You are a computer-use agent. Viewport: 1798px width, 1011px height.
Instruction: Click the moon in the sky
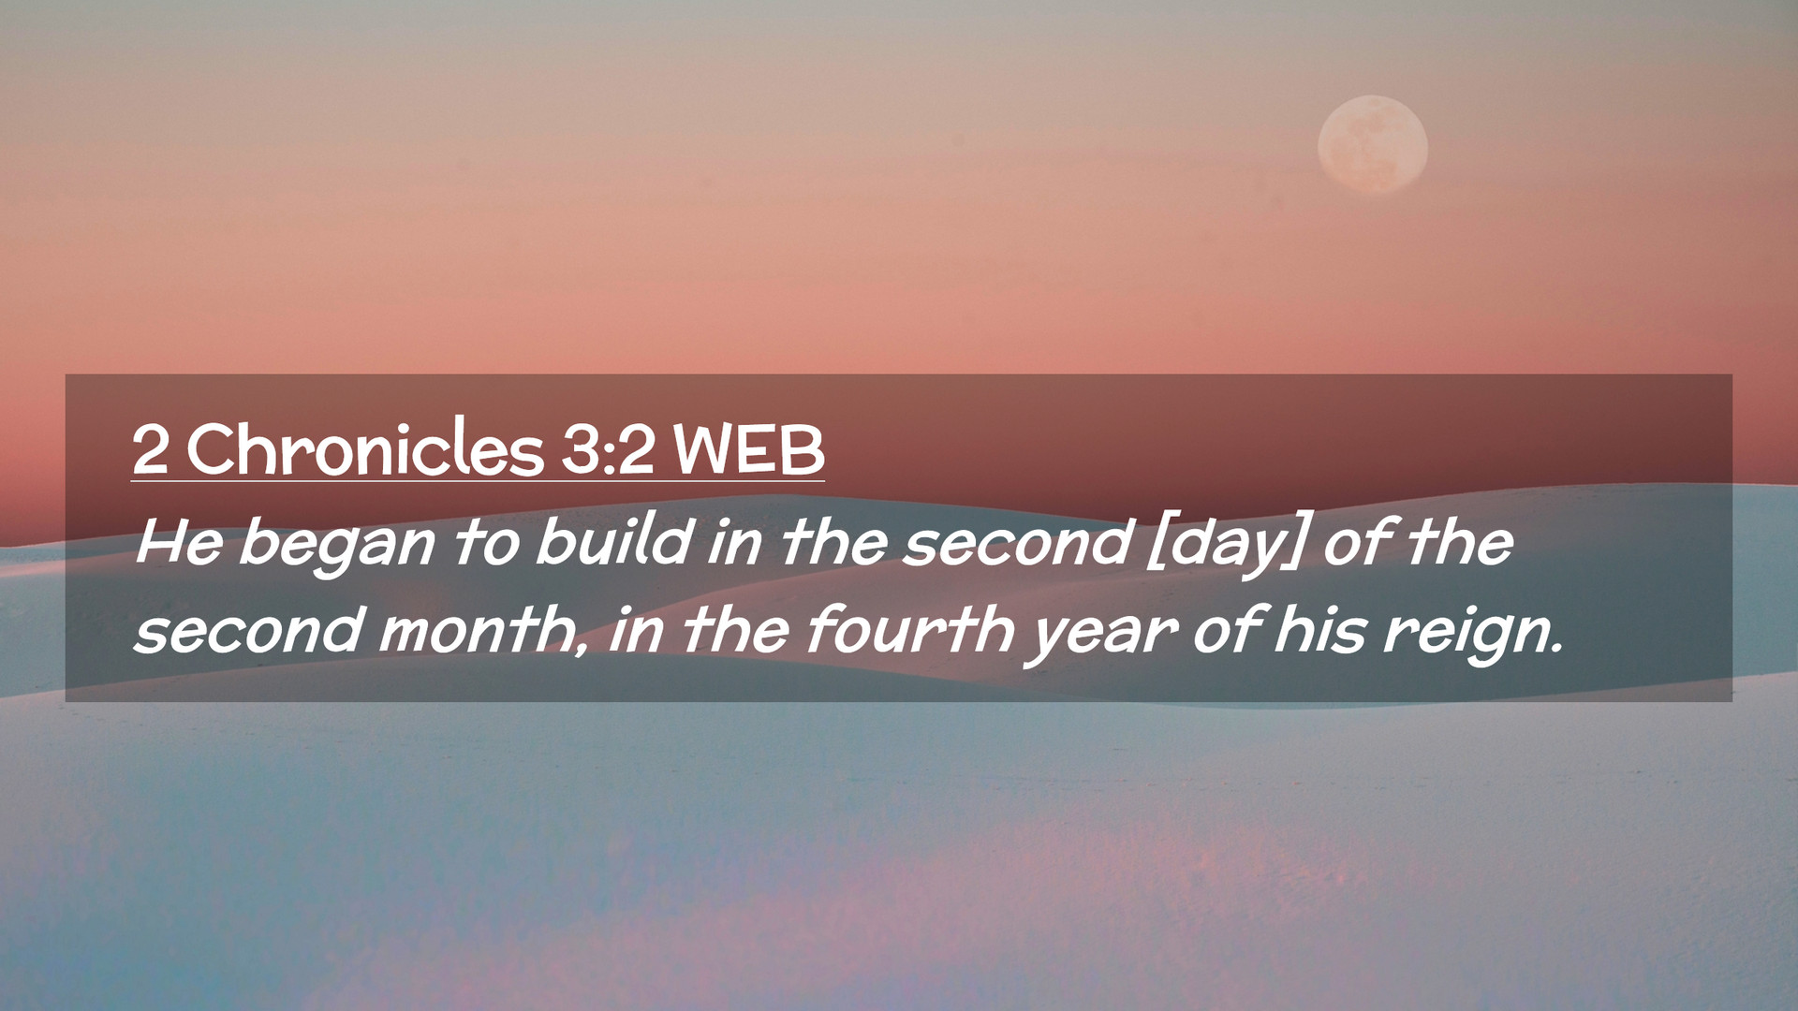tap(1372, 144)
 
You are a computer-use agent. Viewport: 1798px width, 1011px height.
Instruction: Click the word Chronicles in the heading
tap(365, 448)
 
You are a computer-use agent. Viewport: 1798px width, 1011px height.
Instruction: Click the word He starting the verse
tap(179, 542)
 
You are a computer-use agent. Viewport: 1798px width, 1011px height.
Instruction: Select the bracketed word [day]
tap(1226, 546)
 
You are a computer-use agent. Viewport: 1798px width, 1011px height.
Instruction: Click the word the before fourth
tap(736, 628)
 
